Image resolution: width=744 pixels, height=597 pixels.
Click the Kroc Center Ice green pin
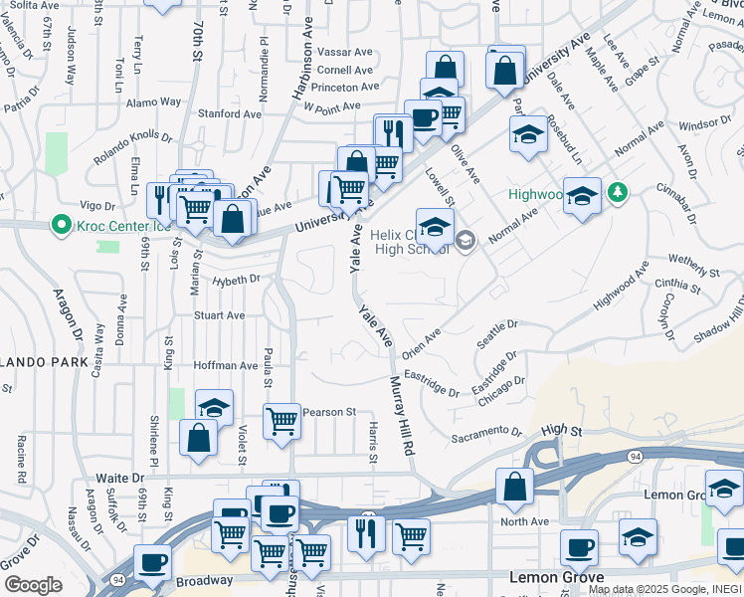(61, 225)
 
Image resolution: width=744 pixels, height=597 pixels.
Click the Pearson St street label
(329, 412)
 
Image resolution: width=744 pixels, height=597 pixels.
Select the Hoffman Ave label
(226, 366)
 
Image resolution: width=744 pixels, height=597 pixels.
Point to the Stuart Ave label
(219, 315)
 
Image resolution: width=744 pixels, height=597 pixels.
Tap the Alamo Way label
(153, 101)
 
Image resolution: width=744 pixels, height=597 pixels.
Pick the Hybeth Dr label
(236, 280)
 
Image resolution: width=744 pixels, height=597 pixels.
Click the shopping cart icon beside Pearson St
(282, 420)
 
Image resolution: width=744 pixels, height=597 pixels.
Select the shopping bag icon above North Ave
(514, 487)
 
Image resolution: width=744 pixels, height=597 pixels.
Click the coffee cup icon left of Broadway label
(152, 562)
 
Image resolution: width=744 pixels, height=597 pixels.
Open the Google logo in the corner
(33, 585)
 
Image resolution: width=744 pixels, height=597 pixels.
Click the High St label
(561, 430)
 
